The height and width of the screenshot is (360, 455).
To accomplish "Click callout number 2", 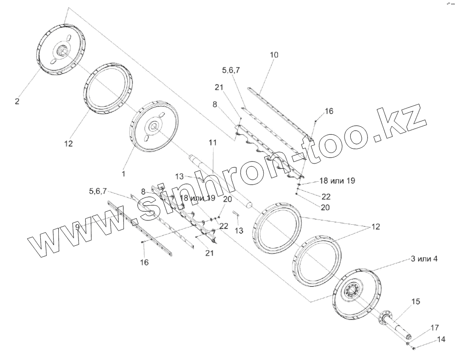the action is tap(17, 101).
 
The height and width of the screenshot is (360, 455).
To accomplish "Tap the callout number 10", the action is tap(273, 55).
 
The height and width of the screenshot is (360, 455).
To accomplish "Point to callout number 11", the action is tap(212, 142).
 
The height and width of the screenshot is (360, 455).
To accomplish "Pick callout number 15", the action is tap(416, 302).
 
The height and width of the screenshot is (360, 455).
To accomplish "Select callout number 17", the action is tap(434, 327).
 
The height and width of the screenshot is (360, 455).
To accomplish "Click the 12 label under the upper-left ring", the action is tap(68, 143).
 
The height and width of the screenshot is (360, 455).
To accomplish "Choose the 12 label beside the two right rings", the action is tap(376, 227).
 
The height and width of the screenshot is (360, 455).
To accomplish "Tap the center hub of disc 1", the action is tap(153, 126).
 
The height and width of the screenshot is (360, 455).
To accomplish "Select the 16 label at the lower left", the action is tap(144, 262).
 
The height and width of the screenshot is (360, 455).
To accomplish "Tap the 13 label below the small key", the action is tap(239, 230).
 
